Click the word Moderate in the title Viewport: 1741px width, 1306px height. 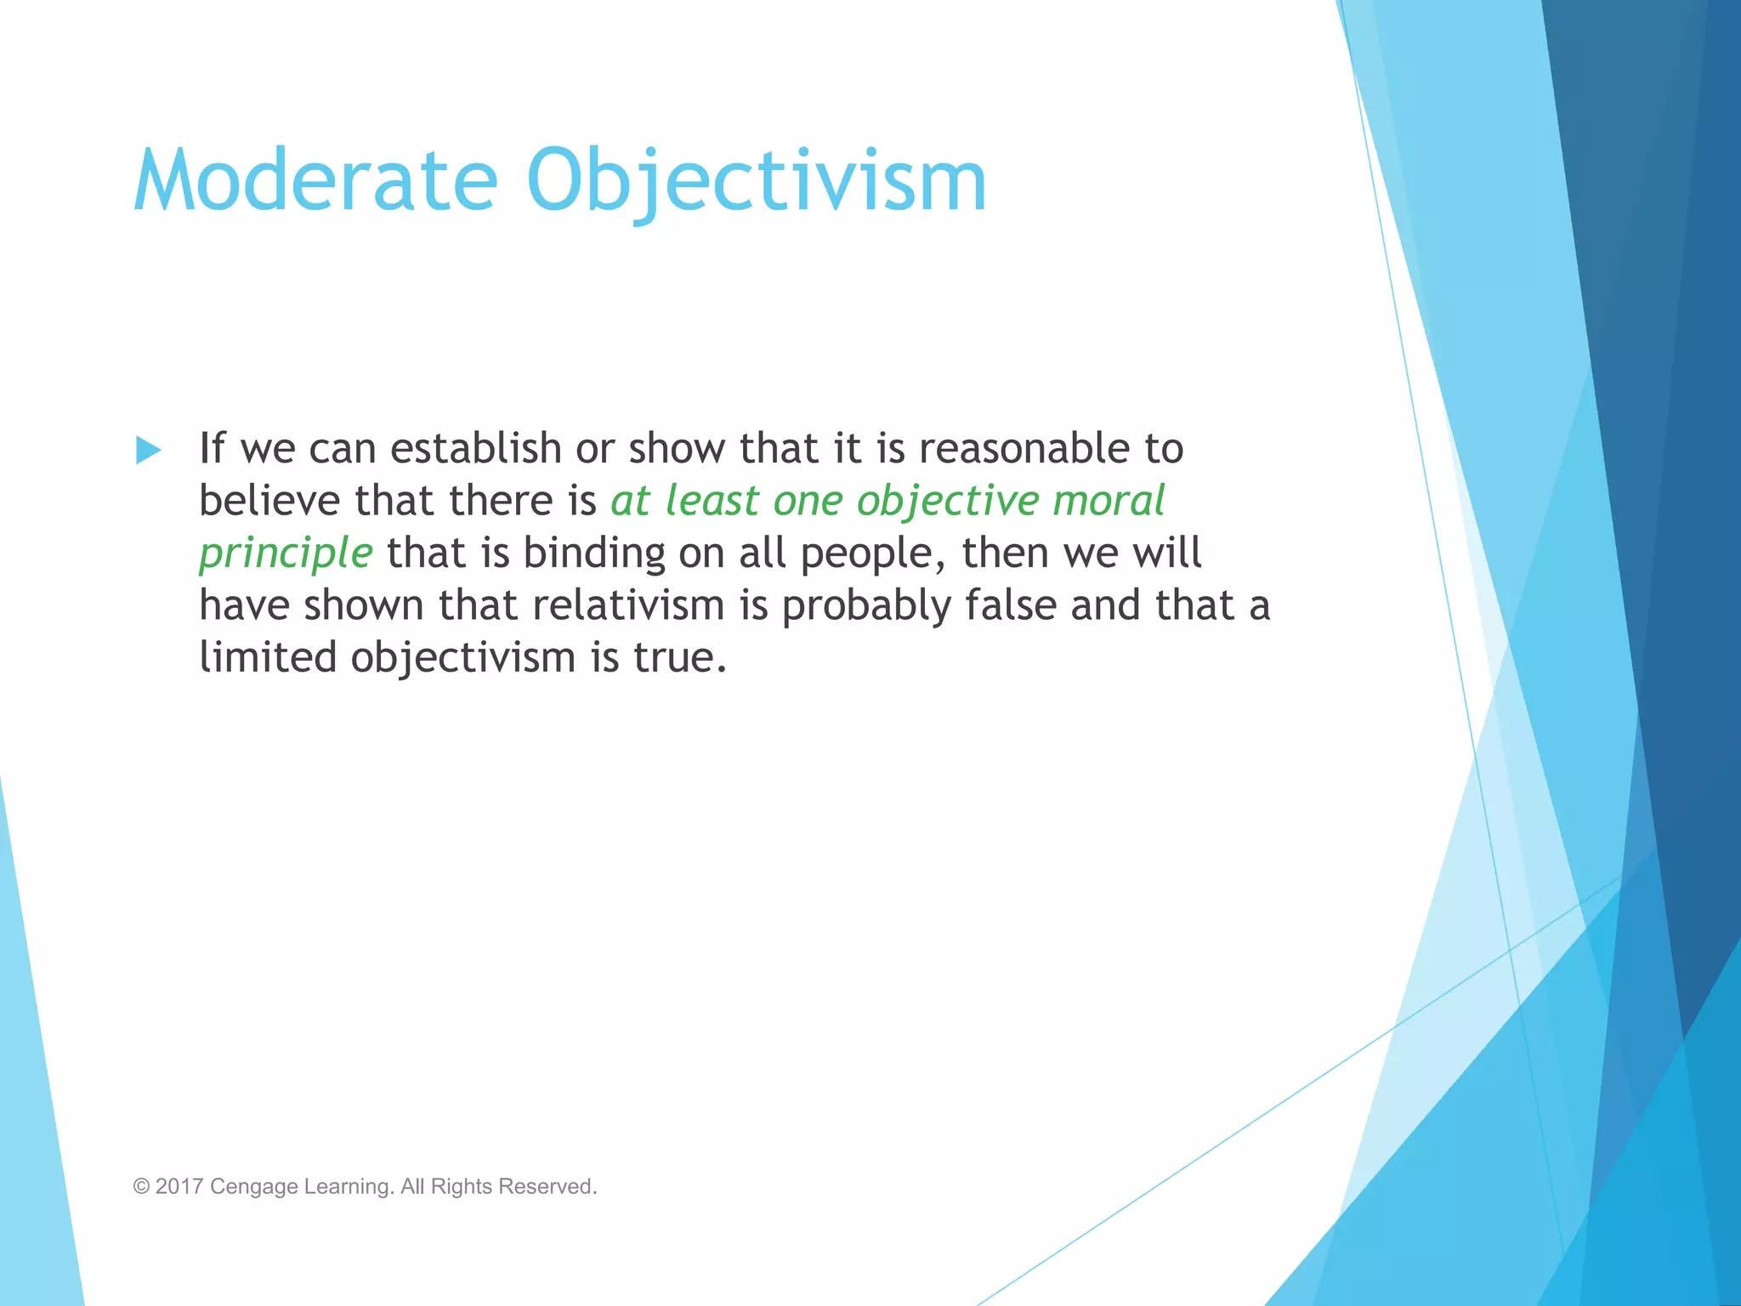[315, 181]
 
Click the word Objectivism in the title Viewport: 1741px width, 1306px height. [757, 181]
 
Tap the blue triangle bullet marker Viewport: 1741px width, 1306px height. [148, 450]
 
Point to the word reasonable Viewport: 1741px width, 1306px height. [1024, 448]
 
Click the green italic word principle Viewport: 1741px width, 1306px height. [286, 554]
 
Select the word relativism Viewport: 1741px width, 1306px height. [628, 605]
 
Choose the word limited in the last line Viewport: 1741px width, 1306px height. [268, 658]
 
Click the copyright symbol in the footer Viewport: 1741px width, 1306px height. [141, 1186]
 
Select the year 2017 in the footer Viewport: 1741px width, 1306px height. [179, 1186]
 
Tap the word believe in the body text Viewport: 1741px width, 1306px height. [269, 501]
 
